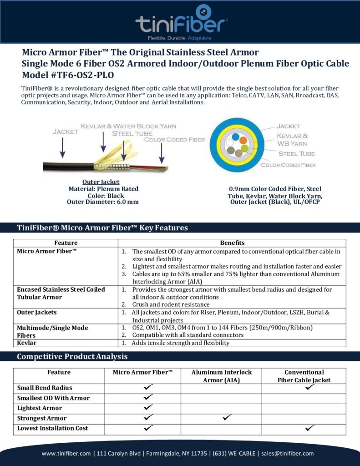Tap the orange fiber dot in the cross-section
pyautogui.click(x=243, y=140)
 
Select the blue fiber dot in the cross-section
pyautogui.click(x=235, y=136)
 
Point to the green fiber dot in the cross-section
pyautogui.click(x=244, y=148)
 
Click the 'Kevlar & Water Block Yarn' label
pyautogui.click(x=128, y=126)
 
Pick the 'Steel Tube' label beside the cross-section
pyautogui.click(x=296, y=154)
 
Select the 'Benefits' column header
pyautogui.click(x=232, y=243)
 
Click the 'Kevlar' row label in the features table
pyautogui.click(x=27, y=343)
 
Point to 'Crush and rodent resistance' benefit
pyautogui.click(x=168, y=304)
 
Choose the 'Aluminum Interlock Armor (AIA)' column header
pyautogui.click(x=221, y=376)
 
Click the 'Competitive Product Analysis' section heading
pyautogui.click(x=72, y=356)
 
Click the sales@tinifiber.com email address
pyautogui.click(x=288, y=453)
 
